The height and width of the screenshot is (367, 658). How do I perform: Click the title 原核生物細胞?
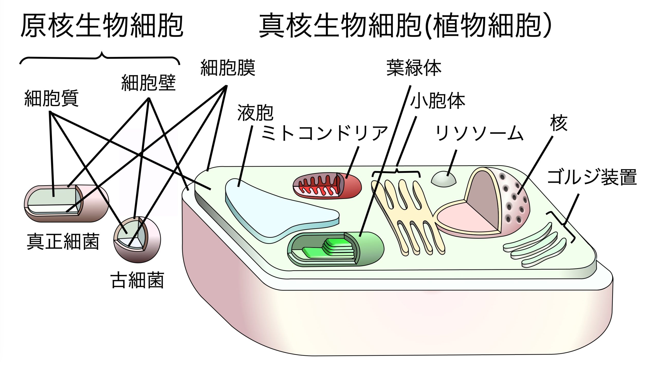tap(102, 26)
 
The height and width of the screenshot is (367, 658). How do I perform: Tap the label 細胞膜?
tap(228, 68)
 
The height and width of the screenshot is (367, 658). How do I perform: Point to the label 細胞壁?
tap(148, 83)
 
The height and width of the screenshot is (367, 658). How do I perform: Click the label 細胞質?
tap(51, 98)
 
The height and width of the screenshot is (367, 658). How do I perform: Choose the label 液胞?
tap(255, 113)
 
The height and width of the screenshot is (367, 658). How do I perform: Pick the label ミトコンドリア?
tap(324, 133)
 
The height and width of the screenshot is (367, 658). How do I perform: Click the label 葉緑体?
tap(414, 68)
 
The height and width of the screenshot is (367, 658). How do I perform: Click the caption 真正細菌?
tap(63, 242)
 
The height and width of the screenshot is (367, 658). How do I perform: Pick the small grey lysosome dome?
tap(443, 180)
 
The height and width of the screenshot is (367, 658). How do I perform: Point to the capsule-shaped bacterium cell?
tap(66, 203)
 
